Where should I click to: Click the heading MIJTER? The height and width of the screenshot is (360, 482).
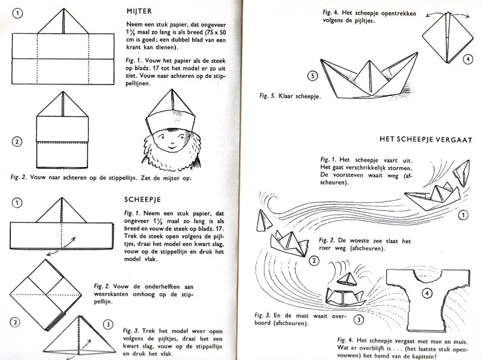pyautogui.click(x=141, y=11)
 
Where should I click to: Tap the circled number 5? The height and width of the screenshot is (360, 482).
pyautogui.click(x=311, y=76)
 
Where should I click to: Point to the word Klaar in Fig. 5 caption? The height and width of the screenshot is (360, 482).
pyautogui.click(x=289, y=96)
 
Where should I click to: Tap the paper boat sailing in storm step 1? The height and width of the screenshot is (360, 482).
pyautogui.click(x=432, y=197)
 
